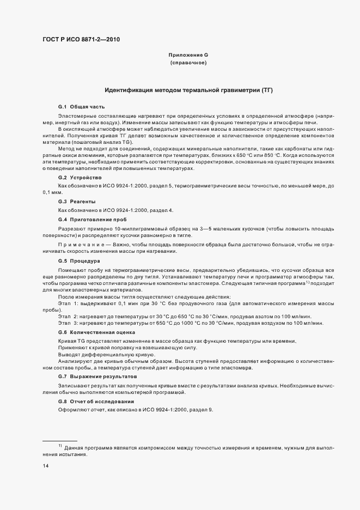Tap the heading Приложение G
click(x=188, y=56)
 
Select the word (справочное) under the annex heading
click(x=188, y=64)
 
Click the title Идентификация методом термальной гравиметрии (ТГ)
click(x=188, y=89)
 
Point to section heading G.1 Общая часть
click(x=81, y=106)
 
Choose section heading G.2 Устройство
click(x=80, y=178)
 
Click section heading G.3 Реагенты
click(x=78, y=202)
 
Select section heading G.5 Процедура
click(x=79, y=261)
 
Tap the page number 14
click(x=46, y=466)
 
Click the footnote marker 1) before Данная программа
click(x=60, y=446)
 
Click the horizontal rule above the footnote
click(x=59, y=440)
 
